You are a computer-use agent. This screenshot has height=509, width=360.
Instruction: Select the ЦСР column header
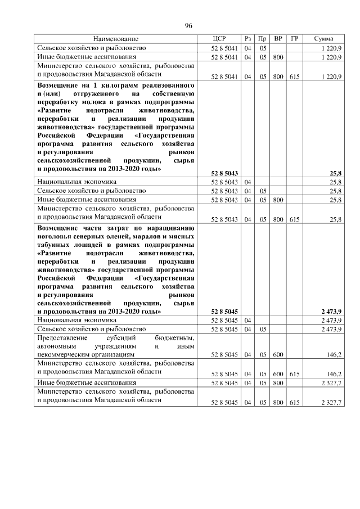point(219,39)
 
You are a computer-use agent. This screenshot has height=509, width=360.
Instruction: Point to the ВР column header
point(278,39)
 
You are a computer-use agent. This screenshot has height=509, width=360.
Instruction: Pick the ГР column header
point(294,39)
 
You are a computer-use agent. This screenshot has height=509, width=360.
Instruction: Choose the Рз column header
point(248,39)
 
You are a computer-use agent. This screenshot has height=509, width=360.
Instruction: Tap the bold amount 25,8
point(336,173)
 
